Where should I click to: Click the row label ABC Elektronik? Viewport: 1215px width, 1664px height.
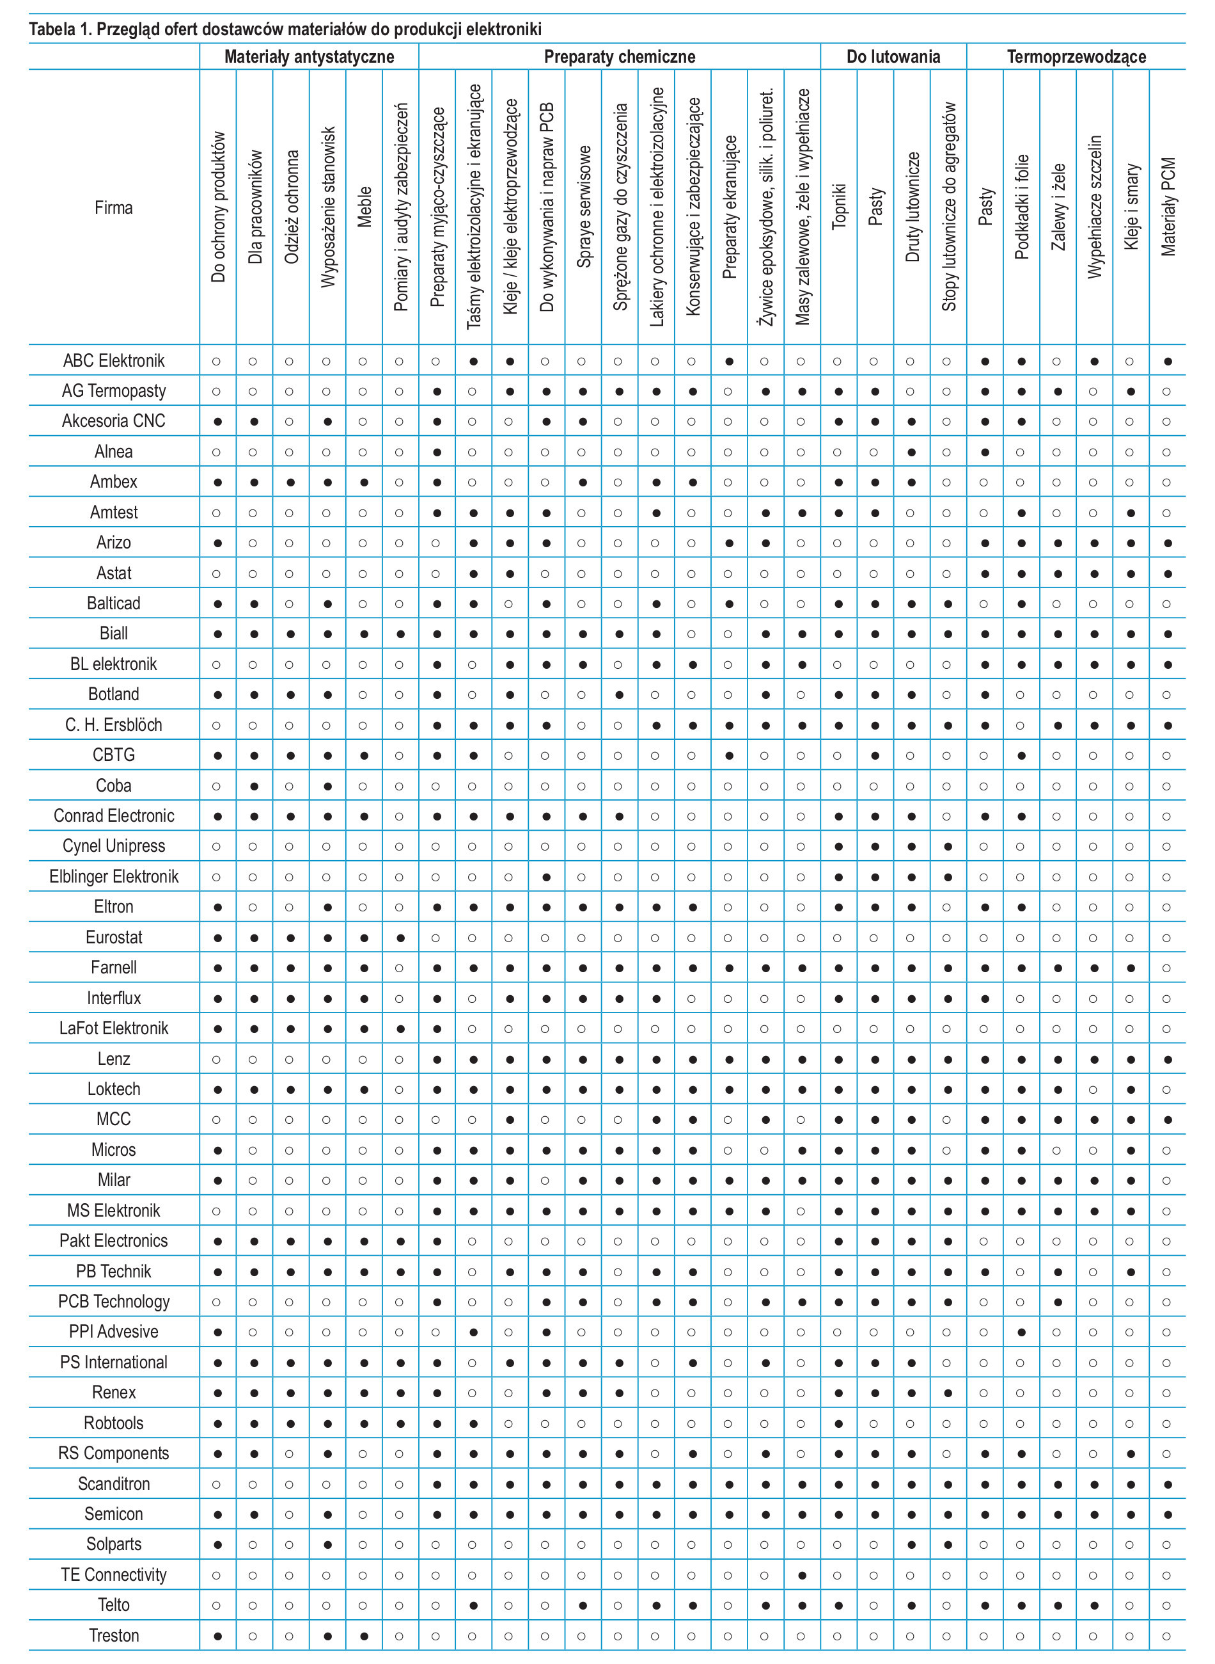113,360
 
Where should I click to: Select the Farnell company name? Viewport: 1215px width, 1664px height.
113,967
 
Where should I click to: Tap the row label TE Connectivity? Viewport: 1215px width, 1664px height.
113,1574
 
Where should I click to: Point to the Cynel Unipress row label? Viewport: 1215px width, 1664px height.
113,845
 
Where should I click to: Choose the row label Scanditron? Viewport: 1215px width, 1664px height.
113,1483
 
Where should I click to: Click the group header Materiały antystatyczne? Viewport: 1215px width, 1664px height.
309,57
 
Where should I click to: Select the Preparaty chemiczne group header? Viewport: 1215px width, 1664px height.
619,57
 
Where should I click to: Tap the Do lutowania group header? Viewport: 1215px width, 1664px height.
893,57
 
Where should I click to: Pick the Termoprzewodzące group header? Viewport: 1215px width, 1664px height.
1076,57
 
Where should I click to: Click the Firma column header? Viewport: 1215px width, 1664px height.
113,207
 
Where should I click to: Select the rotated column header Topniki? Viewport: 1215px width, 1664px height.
839,206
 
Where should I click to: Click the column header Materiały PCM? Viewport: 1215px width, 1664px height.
1168,207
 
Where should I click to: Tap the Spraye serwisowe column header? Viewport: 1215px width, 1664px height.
583,207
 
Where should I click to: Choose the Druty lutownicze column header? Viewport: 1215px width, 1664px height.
912,207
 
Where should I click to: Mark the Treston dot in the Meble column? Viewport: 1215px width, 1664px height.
364,1636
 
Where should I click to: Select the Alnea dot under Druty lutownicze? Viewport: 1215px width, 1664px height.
912,452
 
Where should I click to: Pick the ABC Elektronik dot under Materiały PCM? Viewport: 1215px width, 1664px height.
1168,362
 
